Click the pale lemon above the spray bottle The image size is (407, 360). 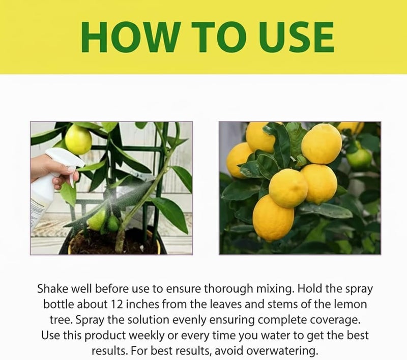(x=78, y=139)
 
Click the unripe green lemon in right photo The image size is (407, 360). (x=359, y=157)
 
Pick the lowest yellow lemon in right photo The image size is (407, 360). (x=273, y=218)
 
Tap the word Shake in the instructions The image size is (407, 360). (x=53, y=289)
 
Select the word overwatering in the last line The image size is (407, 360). (x=282, y=351)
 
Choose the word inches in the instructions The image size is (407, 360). (x=142, y=304)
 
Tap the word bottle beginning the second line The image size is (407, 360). (x=59, y=304)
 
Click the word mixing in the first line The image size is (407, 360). (x=275, y=289)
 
